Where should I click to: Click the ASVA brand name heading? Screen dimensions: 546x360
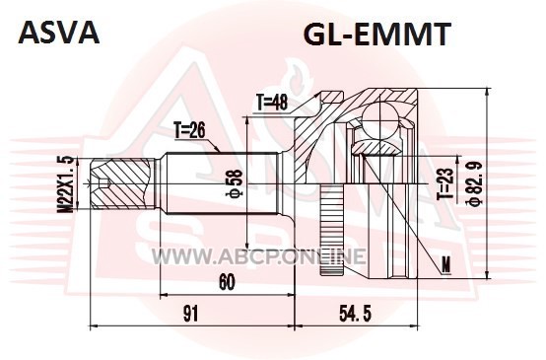coord(59,33)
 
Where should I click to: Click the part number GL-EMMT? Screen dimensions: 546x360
coord(377,35)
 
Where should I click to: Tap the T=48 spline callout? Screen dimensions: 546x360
coord(272,103)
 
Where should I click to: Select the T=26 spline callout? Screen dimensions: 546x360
coord(190,131)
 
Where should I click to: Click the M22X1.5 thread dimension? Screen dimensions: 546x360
coord(66,183)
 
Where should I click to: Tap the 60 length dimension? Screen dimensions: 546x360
coord(227,282)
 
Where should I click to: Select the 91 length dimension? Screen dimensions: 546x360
coord(191,314)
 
